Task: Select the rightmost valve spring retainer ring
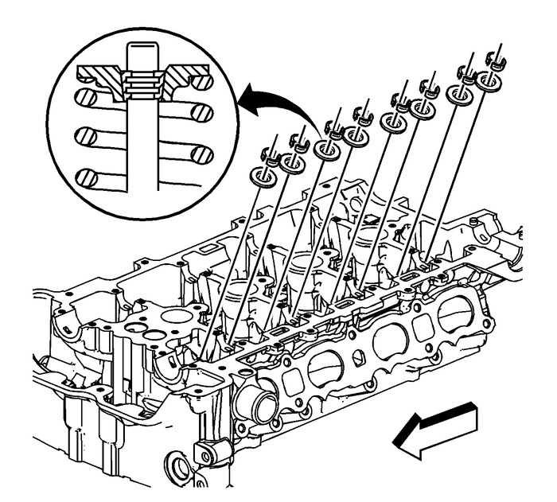[485, 81]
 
